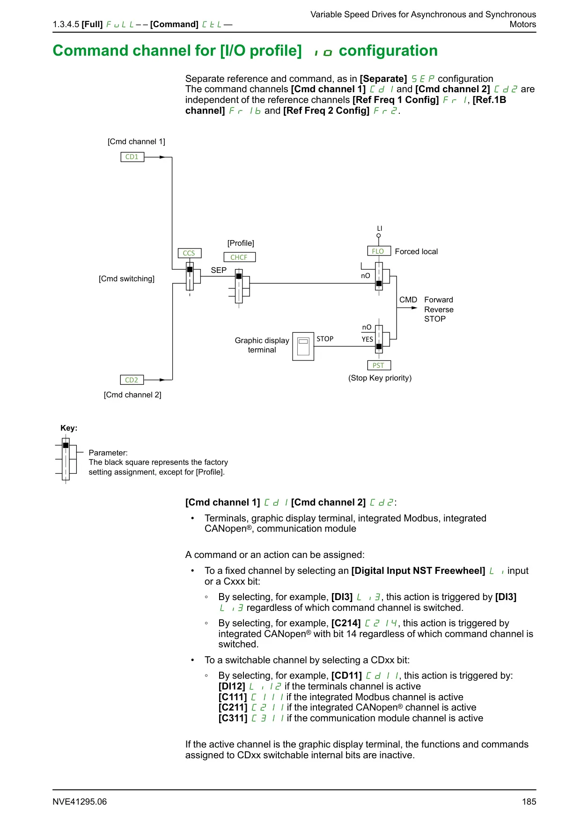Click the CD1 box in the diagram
coord(132,157)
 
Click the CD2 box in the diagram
coord(132,380)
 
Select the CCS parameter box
coord(189,253)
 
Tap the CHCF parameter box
coord(239,257)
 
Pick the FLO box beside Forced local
coord(378,251)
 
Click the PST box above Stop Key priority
coord(378,366)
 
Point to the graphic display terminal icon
coord(303,346)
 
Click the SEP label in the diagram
coord(219,271)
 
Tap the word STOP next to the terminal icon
coord(325,339)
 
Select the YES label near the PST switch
coord(368,339)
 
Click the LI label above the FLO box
coord(380,228)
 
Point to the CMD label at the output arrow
coord(408,300)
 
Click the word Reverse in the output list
coord(439,310)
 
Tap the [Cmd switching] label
coord(126,279)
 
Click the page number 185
coord(529,802)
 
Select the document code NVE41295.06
coord(80,802)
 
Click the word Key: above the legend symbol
coord(69,428)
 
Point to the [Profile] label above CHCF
coord(241,243)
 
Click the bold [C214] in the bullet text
coord(346,623)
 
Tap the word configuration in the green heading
coord(388,51)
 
